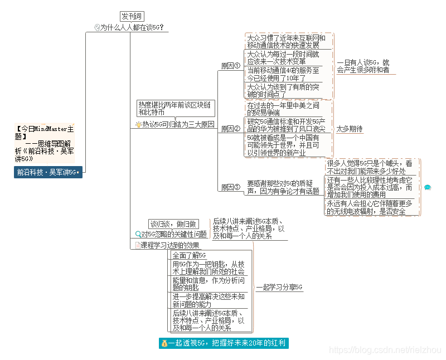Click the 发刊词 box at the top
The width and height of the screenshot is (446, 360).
click(x=132, y=16)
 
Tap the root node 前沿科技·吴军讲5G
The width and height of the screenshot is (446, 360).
click(x=47, y=172)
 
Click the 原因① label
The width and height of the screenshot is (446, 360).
click(x=230, y=66)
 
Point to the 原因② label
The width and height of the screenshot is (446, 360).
click(x=230, y=129)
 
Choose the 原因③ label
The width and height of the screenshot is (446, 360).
click(x=230, y=187)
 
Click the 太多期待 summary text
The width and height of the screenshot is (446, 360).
click(x=350, y=129)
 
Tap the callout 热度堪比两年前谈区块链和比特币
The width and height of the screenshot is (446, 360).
click(x=174, y=108)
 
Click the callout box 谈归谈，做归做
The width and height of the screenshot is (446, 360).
click(x=174, y=223)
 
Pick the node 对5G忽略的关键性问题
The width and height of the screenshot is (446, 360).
click(x=173, y=234)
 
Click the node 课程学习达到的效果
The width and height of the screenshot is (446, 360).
click(x=169, y=245)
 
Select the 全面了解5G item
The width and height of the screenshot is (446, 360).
click(x=189, y=255)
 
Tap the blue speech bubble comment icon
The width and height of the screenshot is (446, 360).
click(x=428, y=187)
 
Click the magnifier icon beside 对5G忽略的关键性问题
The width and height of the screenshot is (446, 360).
click(x=138, y=235)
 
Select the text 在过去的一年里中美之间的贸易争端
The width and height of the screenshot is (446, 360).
click(x=283, y=109)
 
